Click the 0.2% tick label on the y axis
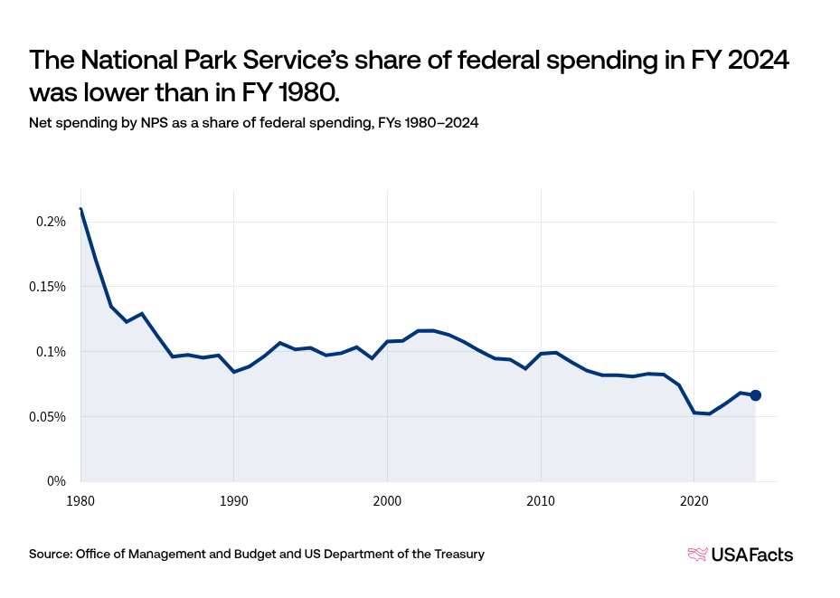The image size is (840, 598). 52,222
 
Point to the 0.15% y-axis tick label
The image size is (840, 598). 48,287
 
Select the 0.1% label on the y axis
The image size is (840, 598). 52,352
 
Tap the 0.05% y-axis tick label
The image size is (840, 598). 48,417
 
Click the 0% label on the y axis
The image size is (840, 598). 57,481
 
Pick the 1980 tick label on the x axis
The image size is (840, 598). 80,498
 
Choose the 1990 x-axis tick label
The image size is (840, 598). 234,498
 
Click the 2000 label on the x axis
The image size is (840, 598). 387,498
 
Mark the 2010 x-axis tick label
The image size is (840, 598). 541,498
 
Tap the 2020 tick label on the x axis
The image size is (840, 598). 694,498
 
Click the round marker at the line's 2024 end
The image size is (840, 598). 756,395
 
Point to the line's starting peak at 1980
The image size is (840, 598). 80,209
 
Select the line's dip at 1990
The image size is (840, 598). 234,372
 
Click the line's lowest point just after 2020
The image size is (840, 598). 709,413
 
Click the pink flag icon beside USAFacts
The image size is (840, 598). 698,555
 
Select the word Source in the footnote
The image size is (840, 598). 50,554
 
